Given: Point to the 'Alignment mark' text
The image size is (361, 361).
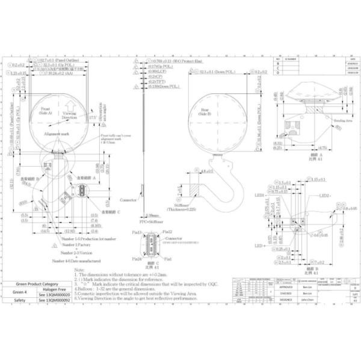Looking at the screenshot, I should coord(57,133).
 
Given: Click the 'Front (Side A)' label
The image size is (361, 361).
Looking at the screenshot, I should coord(46,111).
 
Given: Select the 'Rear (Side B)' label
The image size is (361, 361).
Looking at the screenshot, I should coord(205,111).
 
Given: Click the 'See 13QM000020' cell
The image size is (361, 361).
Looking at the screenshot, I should coord(54,295).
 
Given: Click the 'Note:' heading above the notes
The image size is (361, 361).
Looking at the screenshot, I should coord(79,271).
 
